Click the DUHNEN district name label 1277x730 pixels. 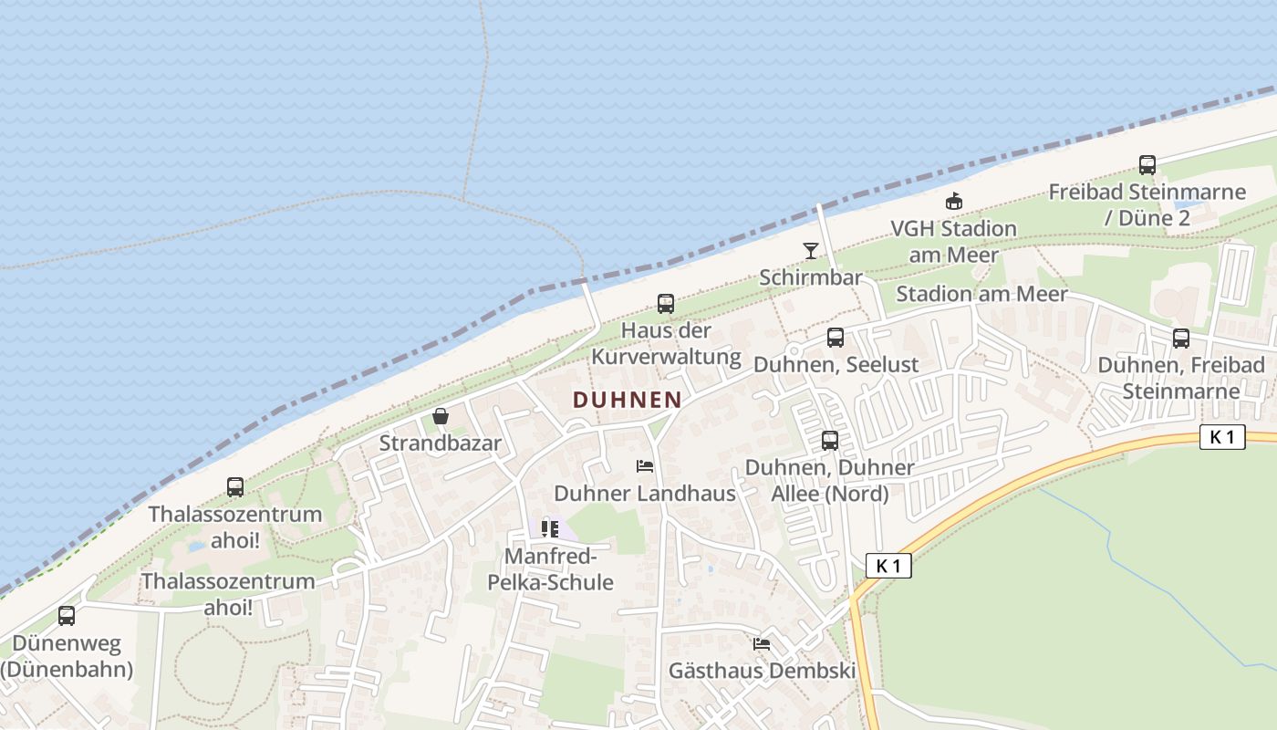coord(628,399)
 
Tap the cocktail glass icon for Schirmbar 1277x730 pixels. coord(811,250)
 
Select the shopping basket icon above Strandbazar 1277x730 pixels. coord(441,416)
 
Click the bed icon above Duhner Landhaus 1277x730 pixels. coord(645,466)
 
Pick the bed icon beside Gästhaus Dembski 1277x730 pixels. coord(762,643)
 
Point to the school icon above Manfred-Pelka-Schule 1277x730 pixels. coord(549,528)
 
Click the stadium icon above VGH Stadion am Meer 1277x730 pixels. coord(954,201)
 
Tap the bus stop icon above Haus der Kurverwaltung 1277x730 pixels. coord(666,304)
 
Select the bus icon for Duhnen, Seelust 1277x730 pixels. coord(836,338)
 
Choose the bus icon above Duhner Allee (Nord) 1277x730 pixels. coord(830,441)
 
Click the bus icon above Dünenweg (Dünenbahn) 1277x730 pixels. coord(67,616)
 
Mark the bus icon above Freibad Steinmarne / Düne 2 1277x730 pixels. coord(1147,165)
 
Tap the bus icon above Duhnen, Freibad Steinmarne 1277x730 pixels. coord(1181,339)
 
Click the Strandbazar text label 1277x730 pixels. coord(441,443)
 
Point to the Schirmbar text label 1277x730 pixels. coord(811,277)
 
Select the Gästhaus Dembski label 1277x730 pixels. coord(763,671)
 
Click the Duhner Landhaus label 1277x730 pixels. coord(645,494)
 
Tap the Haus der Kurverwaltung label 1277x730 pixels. coord(667,343)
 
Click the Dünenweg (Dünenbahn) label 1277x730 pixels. coord(67,657)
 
